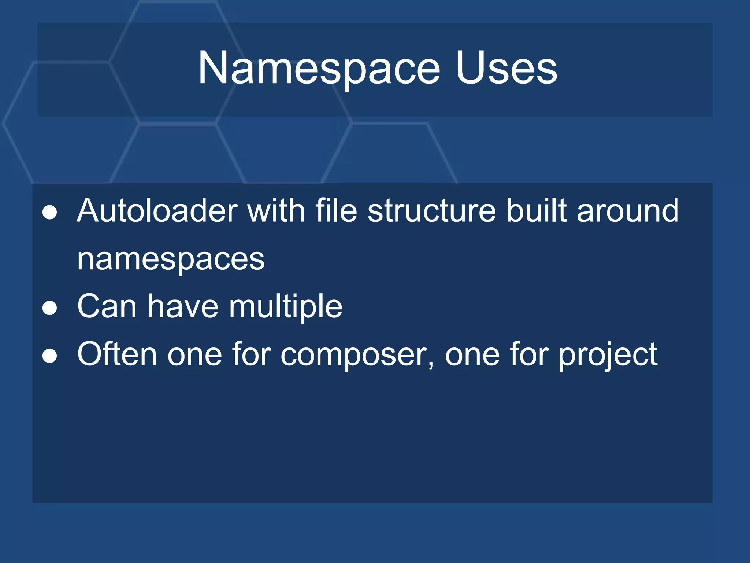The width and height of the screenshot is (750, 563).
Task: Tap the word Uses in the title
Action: click(x=506, y=69)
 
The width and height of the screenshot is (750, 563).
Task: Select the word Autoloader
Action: click(x=157, y=211)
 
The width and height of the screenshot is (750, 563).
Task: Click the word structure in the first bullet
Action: click(x=432, y=211)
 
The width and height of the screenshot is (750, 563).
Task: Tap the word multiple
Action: click(x=286, y=307)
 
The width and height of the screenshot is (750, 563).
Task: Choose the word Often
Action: click(x=117, y=354)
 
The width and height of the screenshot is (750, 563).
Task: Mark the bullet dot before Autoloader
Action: click(x=50, y=213)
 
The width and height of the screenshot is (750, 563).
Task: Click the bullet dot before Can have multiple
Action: click(x=50, y=308)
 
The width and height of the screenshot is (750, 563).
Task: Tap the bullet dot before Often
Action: click(x=50, y=356)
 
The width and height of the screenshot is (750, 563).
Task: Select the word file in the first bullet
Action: click(x=336, y=211)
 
